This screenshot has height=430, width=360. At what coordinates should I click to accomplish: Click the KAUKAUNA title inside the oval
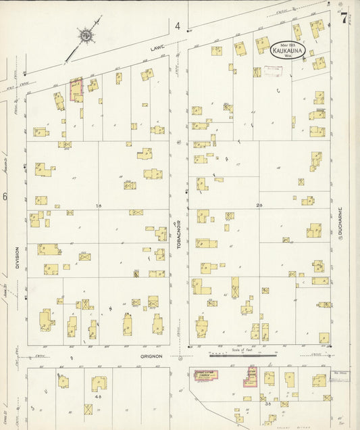click(x=288, y=49)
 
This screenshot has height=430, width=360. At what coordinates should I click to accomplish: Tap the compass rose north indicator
click(x=87, y=34)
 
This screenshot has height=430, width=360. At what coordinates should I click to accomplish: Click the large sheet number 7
click(x=344, y=18)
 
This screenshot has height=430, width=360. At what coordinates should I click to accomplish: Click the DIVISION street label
click(x=17, y=258)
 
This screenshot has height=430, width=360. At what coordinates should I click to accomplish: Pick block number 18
click(x=99, y=205)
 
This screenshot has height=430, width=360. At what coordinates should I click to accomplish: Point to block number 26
click(x=259, y=205)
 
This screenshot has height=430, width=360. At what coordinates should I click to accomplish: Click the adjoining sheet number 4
click(x=178, y=26)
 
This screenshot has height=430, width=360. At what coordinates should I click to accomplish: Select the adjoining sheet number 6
click(x=5, y=197)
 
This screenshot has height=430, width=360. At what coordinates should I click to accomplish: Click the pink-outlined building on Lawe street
click(x=76, y=89)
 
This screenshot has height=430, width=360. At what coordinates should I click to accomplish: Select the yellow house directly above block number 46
click(x=99, y=383)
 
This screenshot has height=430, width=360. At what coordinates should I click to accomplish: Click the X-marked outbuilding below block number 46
click(x=88, y=410)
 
